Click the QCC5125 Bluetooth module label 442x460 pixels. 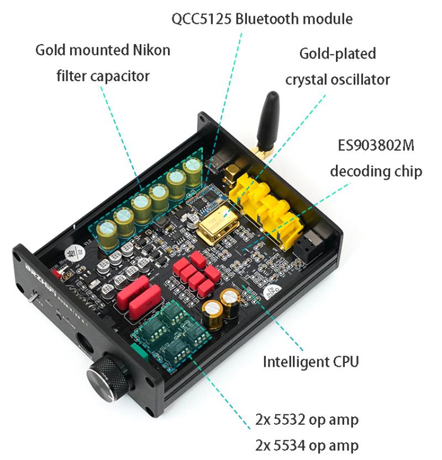pyautogui.click(x=262, y=19)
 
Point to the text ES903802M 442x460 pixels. pyautogui.click(x=376, y=145)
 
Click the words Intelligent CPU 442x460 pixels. pyautogui.click(x=311, y=362)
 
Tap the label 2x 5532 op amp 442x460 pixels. pyautogui.click(x=307, y=420)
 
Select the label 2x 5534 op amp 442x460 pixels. pyautogui.click(x=307, y=446)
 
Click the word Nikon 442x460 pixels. pyautogui.click(x=151, y=50)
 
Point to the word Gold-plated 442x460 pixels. pyautogui.click(x=338, y=54)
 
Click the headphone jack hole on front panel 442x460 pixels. pyautogui.click(x=85, y=342)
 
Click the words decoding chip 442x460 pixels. pyautogui.click(x=376, y=172)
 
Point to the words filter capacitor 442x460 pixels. pyautogui.click(x=103, y=76)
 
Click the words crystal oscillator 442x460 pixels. pyautogui.click(x=338, y=80)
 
